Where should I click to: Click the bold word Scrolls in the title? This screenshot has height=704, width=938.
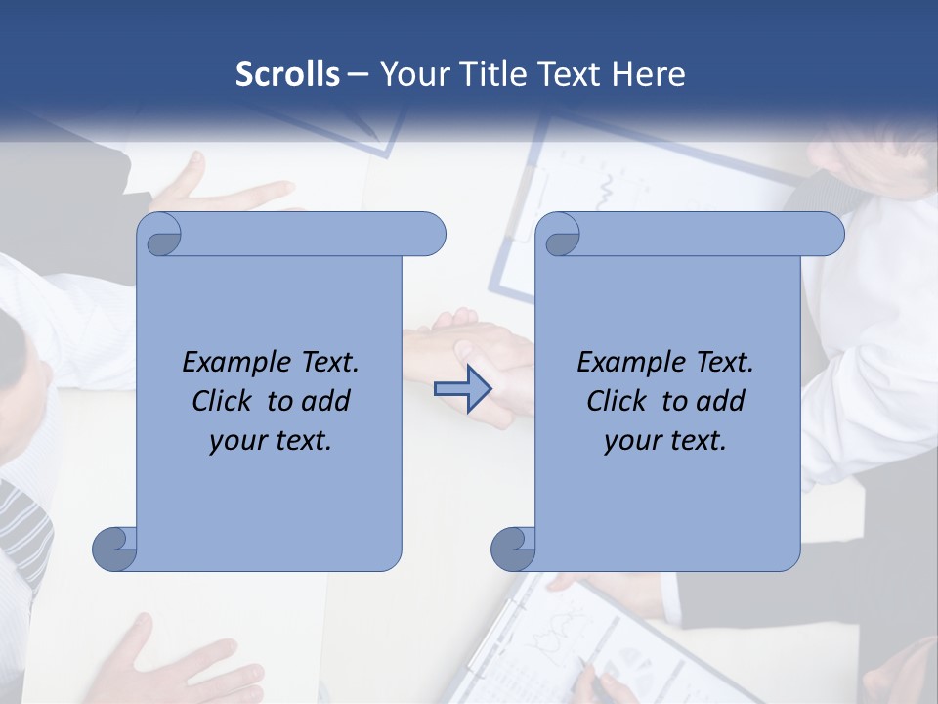(287, 74)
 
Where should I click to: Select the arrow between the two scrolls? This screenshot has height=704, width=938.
(462, 389)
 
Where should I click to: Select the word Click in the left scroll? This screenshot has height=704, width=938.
(226, 401)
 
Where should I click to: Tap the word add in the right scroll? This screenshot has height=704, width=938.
(721, 401)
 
